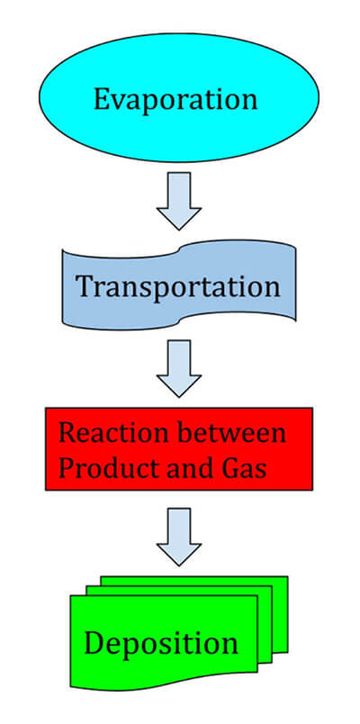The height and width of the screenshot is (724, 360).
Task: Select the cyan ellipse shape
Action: (179, 97)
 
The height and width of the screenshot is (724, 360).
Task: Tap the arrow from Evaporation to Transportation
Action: (179, 201)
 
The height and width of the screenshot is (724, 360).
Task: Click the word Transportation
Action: (178, 286)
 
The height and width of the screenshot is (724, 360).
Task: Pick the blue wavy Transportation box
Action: (179, 285)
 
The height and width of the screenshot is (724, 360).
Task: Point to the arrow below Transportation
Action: (179, 368)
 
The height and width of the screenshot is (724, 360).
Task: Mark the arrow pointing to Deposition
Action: (179, 537)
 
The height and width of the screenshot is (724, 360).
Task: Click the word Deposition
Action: (161, 643)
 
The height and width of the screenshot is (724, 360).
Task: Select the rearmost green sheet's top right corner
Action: (287, 576)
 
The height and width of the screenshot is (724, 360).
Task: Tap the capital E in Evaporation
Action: (103, 99)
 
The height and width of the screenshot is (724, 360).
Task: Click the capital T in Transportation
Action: (86, 285)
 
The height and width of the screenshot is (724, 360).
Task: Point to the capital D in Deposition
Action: (95, 643)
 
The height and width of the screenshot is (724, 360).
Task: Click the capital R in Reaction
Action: (67, 433)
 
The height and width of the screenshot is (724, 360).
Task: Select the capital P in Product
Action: (67, 468)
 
